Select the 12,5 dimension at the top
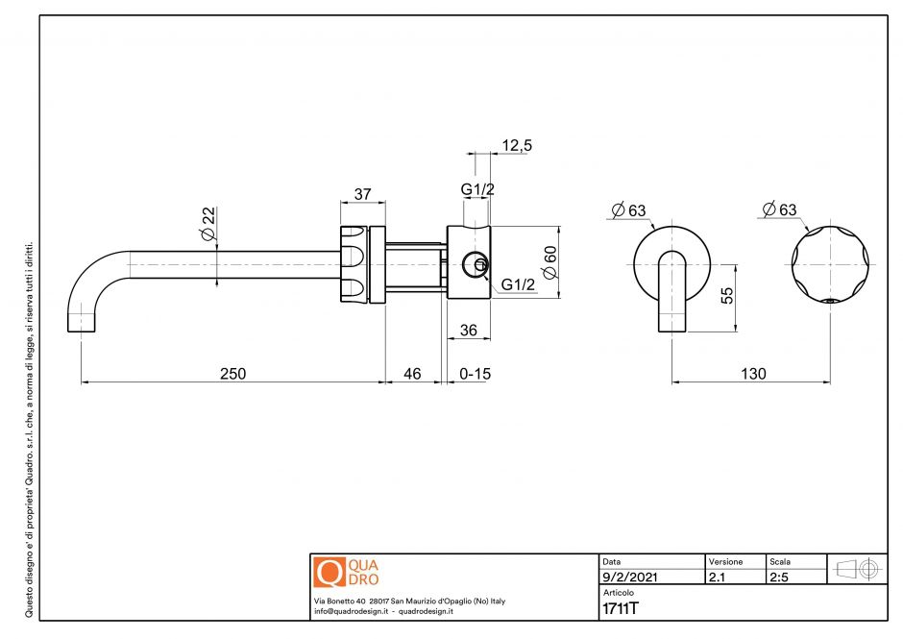(x=517, y=145)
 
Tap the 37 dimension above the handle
(x=363, y=194)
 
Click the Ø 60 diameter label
(x=549, y=262)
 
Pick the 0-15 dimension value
(x=475, y=373)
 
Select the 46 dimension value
(x=412, y=373)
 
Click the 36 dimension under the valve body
(x=469, y=330)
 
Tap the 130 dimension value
(x=753, y=373)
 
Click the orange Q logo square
(x=328, y=572)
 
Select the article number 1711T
(x=621, y=608)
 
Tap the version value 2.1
(x=717, y=578)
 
